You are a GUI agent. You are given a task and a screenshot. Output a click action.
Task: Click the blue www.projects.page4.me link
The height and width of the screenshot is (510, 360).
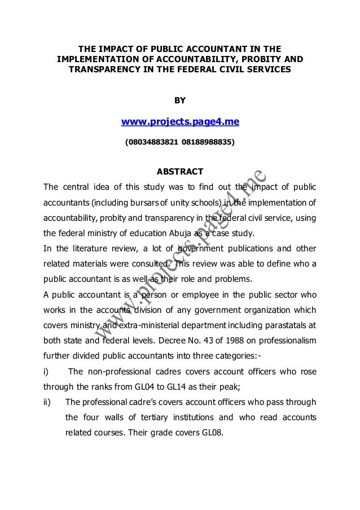click(x=179, y=123)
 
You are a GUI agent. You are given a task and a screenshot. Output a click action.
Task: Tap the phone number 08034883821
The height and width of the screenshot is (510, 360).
click(x=150, y=143)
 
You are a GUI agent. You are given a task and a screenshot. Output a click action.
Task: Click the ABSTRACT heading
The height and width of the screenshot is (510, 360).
click(x=179, y=172)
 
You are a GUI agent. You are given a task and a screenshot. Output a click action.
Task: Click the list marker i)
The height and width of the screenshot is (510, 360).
click(x=47, y=372)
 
